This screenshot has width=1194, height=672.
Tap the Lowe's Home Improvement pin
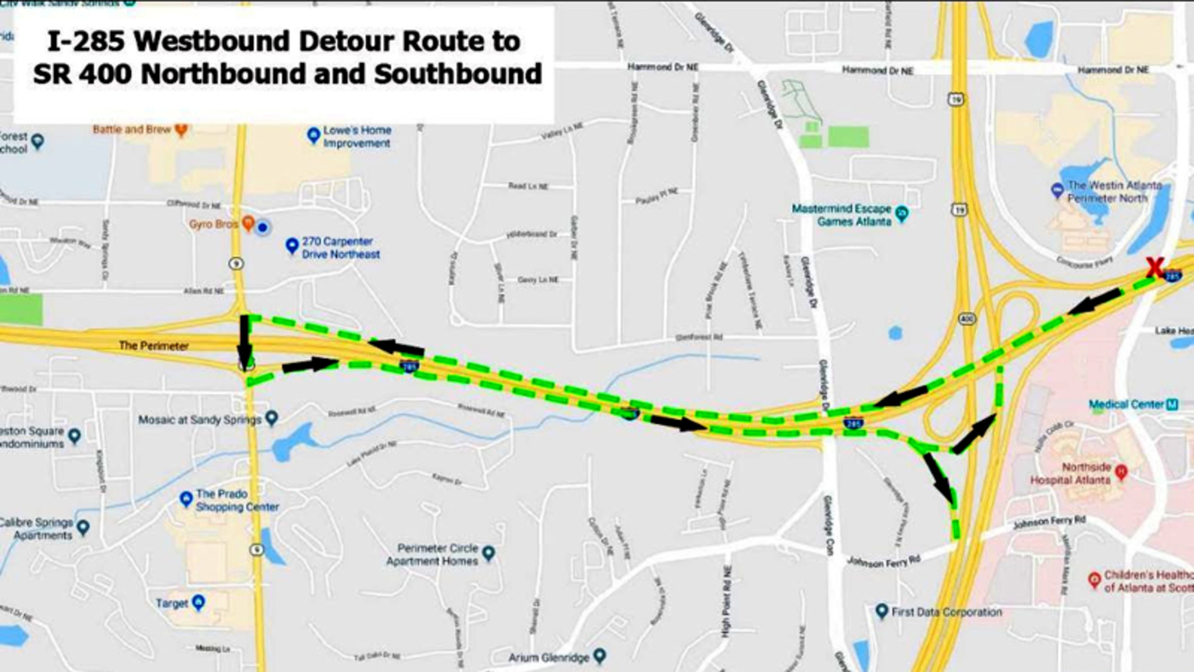[314, 135]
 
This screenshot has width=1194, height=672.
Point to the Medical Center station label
[1126, 404]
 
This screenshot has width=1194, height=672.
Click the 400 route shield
[967, 319]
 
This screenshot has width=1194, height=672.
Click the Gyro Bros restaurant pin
[248, 224]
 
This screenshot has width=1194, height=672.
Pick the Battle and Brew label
[132, 129]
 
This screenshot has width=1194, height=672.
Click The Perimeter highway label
[154, 346]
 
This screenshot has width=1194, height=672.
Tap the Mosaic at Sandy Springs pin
[272, 418]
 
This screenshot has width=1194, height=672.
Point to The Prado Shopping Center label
[237, 500]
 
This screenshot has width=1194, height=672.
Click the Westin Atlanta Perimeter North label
[1114, 192]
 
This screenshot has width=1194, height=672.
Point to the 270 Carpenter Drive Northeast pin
[292, 245]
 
